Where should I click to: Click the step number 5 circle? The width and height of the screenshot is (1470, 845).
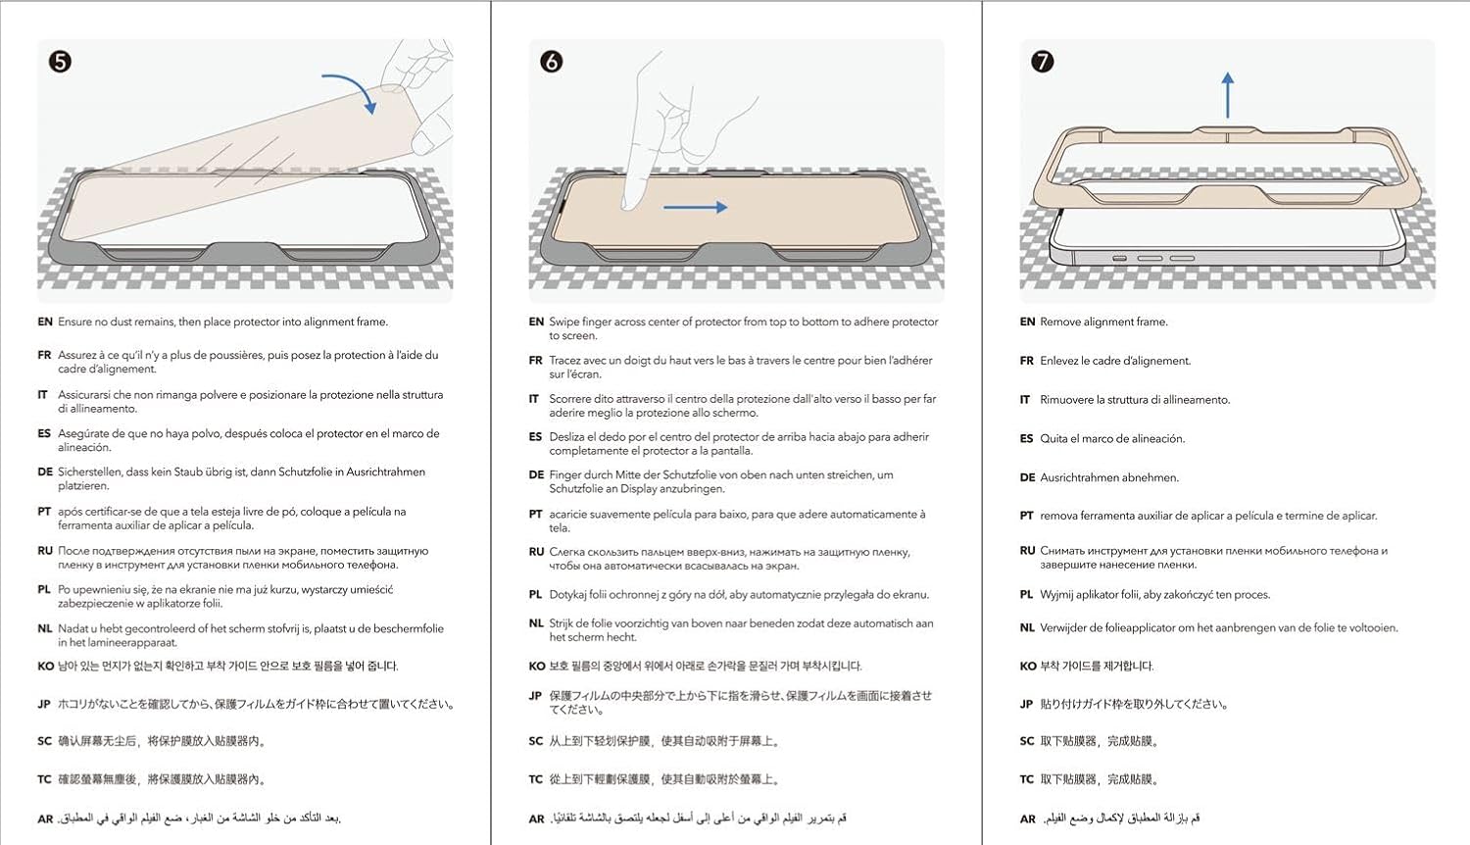click(x=60, y=62)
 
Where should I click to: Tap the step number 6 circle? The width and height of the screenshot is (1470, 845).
click(x=552, y=62)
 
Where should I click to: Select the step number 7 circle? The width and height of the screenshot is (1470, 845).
click(x=1043, y=62)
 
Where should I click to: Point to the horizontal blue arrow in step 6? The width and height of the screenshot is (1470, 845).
click(x=695, y=207)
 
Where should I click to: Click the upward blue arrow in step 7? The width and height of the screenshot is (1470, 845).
click(x=1228, y=95)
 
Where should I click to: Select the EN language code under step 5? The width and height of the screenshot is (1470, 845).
click(x=45, y=322)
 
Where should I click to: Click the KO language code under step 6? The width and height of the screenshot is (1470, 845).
click(x=536, y=666)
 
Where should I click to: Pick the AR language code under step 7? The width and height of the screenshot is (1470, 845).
click(x=1027, y=819)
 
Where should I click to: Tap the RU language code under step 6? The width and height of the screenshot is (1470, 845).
click(x=536, y=552)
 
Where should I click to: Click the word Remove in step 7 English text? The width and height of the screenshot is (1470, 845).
click(x=1059, y=322)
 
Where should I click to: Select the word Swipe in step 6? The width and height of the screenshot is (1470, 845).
click(x=563, y=322)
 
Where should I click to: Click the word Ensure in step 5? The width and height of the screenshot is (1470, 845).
click(x=74, y=322)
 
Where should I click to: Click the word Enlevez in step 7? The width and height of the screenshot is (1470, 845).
click(x=1060, y=361)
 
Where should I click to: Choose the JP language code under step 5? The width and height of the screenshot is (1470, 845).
click(x=45, y=704)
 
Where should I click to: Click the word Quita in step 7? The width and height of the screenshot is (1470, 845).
click(x=1053, y=438)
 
